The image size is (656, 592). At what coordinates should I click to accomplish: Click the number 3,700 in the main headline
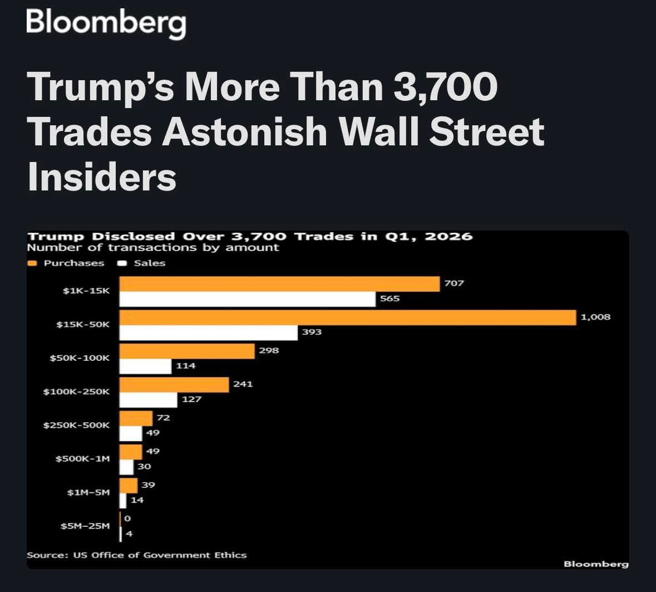coord(445,87)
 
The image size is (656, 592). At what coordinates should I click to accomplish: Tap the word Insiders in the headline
coord(102,177)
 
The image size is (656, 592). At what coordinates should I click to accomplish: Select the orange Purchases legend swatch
coord(32,263)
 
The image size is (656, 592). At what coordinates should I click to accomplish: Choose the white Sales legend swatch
coord(122,263)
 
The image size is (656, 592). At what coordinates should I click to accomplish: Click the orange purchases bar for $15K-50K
coord(348,318)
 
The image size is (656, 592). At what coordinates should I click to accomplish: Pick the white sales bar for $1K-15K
coord(247,300)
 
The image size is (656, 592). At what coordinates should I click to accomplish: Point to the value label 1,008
coord(595,317)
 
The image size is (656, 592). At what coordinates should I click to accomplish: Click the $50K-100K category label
coord(80,358)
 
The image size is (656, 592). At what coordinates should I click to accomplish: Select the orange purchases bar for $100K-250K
coord(174,385)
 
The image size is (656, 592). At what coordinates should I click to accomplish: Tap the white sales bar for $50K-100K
coord(145,366)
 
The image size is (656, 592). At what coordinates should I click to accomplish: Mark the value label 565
coord(389,299)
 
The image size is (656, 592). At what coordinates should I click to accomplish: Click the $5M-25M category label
coord(85,526)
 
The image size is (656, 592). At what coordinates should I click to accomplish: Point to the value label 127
coord(191,399)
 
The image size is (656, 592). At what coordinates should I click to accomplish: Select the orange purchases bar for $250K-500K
coord(136,418)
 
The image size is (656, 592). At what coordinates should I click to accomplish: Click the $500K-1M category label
coord(82,459)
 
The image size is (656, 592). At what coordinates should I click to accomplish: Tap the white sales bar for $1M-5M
coord(122,501)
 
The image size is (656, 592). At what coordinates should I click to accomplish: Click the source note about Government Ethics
coord(136,555)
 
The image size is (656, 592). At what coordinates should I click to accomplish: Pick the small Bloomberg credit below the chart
coord(596,564)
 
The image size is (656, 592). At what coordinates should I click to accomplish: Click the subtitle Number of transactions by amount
coord(152,248)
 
